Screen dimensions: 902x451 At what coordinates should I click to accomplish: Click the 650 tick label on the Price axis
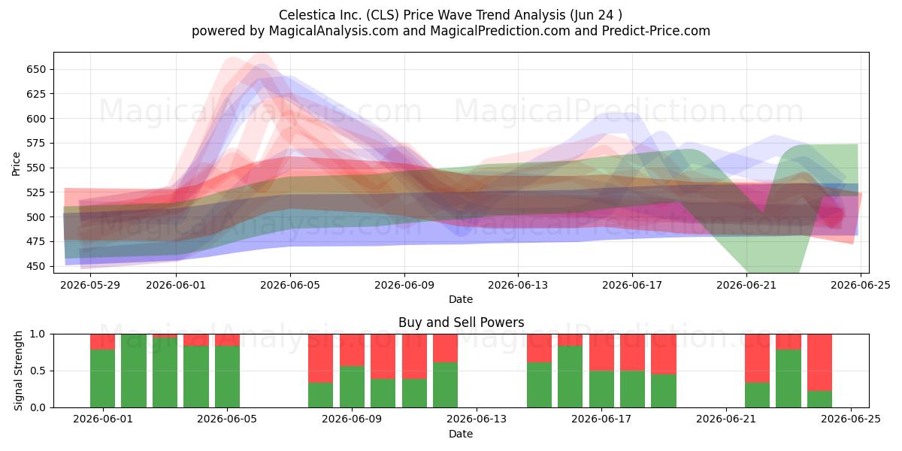pos(36,70)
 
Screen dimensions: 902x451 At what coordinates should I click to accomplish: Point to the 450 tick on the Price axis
pos(36,267)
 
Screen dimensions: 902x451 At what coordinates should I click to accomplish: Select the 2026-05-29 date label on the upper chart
pos(90,285)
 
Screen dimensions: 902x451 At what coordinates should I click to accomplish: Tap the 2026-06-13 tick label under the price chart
pos(518,285)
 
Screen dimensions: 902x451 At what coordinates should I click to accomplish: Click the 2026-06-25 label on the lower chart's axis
pos(850,419)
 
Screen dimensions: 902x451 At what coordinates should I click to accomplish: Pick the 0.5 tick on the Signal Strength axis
pos(38,371)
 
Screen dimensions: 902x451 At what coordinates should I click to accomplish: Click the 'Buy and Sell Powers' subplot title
pos(461,322)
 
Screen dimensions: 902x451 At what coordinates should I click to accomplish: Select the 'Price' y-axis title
pos(16,164)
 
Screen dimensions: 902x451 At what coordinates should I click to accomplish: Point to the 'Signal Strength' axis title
pos(18,371)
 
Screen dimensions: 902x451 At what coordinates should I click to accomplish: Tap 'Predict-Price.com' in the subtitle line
pos(656,31)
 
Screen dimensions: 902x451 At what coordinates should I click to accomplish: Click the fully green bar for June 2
pos(134,371)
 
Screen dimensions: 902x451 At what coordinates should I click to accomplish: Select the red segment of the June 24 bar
pos(819,362)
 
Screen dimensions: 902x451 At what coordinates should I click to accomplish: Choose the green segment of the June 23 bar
pos(788,379)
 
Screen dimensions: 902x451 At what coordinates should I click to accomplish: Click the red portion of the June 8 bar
pos(320,359)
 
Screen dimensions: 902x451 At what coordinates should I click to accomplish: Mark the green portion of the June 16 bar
pos(571,377)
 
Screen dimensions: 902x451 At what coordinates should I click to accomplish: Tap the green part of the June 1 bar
pos(102,379)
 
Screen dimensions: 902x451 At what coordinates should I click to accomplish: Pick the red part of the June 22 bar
pos(757,359)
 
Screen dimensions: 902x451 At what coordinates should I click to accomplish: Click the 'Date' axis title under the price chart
pos(461,299)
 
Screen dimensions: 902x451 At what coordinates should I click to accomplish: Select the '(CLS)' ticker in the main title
pos(382,15)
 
